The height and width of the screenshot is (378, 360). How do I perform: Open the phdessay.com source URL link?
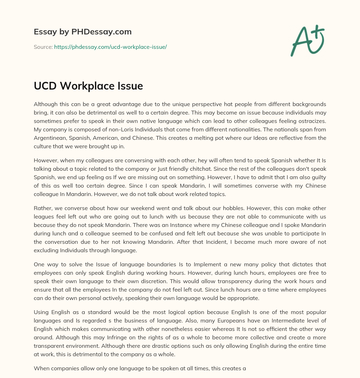110,47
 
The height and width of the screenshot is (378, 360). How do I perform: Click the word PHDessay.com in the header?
102,32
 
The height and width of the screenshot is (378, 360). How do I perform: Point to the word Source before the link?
43,47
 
